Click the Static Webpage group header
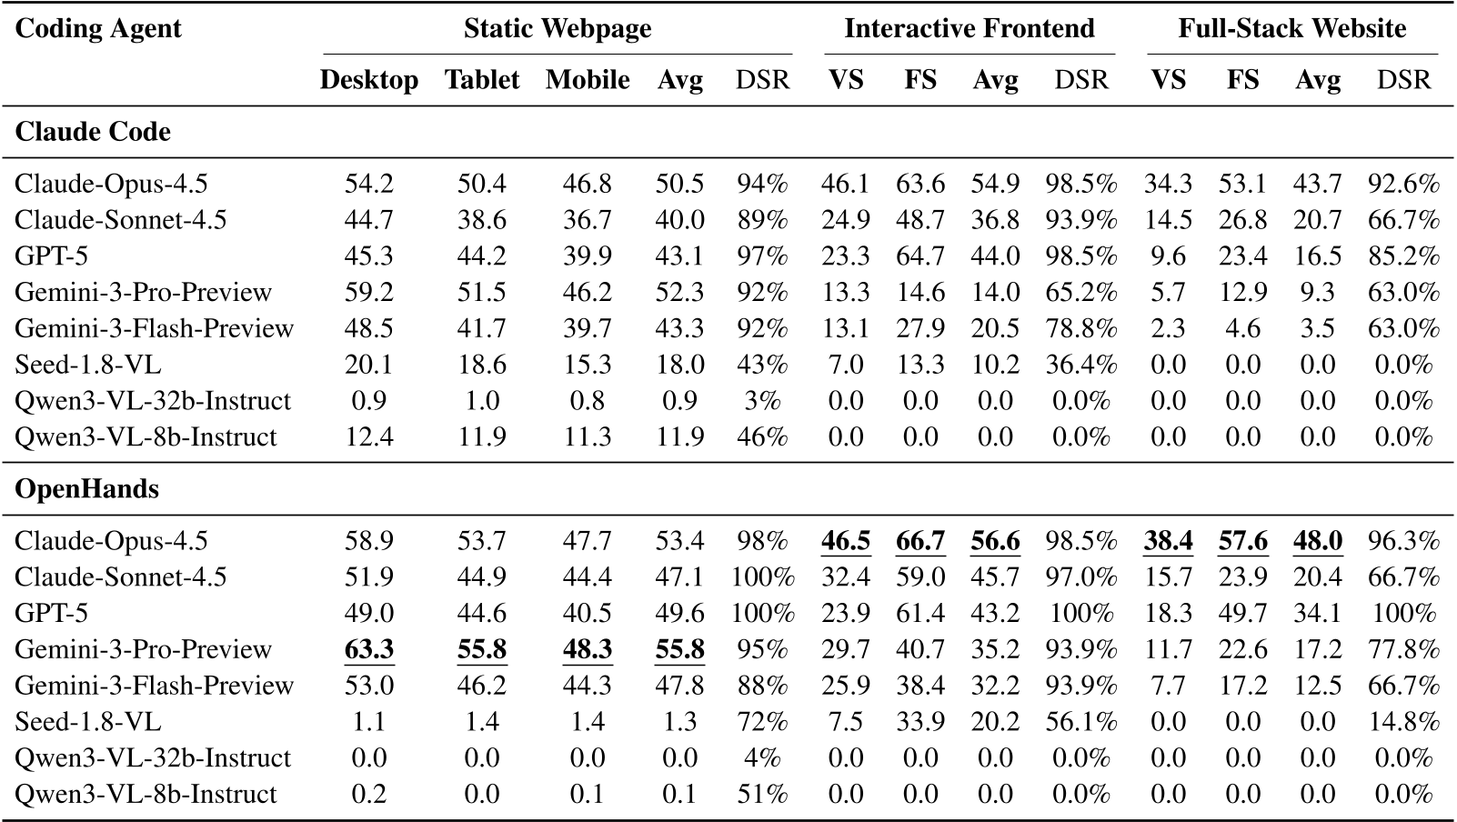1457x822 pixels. click(558, 29)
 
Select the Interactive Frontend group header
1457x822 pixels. click(969, 29)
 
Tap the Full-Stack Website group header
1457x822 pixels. click(1291, 29)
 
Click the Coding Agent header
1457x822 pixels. click(98, 29)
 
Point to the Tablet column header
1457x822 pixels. click(482, 80)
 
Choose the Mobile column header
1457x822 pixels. click(588, 80)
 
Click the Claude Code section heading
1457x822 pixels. click(93, 132)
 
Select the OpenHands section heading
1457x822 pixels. click(86, 489)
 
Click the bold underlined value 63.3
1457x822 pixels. click(369, 649)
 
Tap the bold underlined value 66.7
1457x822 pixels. click(920, 542)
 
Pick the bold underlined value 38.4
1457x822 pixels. click(1169, 542)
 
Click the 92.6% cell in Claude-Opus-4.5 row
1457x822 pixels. click(1403, 185)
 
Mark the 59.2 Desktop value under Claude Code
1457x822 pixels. click(369, 293)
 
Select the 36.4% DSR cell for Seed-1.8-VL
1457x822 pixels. click(1080, 365)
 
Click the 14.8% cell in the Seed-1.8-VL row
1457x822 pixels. click(1403, 722)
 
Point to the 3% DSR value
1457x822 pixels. click(762, 401)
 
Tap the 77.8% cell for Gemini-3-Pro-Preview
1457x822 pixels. click(1403, 649)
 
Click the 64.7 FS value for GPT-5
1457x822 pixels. click(920, 256)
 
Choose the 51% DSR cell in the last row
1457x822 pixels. click(762, 794)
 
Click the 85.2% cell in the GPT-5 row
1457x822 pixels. click(1403, 256)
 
